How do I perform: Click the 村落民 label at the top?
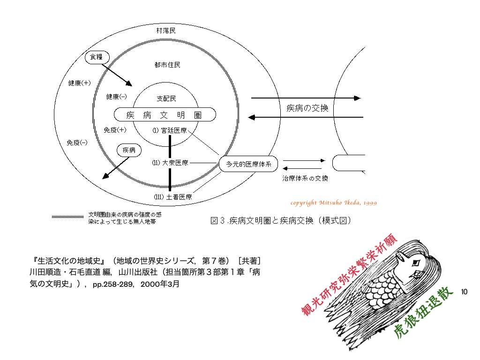coord(165,30)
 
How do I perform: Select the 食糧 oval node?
coord(97,57)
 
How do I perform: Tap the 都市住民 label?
coord(167,65)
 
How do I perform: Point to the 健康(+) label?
coord(79,83)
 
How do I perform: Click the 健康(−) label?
coord(116,97)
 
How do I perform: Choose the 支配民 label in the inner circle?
coord(166,98)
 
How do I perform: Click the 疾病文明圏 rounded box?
coord(165,115)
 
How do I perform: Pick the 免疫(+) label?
coord(115,130)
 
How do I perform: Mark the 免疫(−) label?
coord(77,142)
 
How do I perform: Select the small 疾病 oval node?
coord(129,150)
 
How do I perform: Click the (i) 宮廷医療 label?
coord(170,130)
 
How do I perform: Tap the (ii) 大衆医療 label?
coord(170,163)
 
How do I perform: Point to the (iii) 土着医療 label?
coord(173,197)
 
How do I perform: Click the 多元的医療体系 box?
coord(248,164)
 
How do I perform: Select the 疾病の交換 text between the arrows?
coord(307,108)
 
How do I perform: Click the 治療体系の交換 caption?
coord(305,178)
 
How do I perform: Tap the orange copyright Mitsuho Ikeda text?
coord(334,202)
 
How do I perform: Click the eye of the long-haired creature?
coord(415,262)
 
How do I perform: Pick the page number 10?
coord(464,292)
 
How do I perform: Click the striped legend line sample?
coord(67,217)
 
